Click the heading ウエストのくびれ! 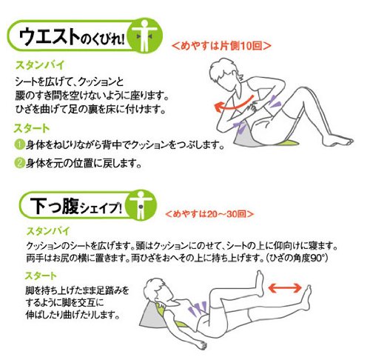click(72, 36)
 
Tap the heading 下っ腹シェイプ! click(76, 206)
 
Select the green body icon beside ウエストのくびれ click(145, 36)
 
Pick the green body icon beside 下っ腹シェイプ click(141, 205)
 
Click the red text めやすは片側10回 click(221, 46)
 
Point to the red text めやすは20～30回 click(209, 214)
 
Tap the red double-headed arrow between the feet click(285, 287)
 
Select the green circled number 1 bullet click(19, 144)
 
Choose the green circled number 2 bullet click(19, 163)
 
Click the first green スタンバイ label click(39, 65)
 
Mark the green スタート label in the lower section click(41, 276)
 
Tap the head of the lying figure click(158, 291)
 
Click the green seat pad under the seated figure click(289, 141)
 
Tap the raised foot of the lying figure click(260, 284)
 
